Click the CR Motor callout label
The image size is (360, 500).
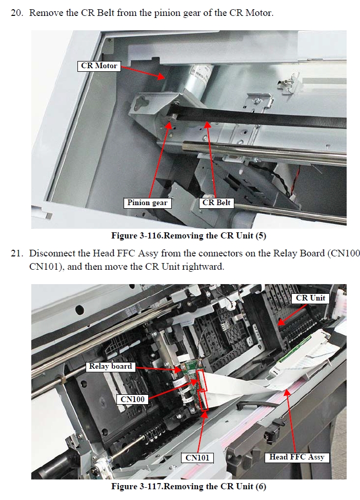coord(99,66)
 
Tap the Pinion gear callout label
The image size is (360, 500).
coord(147,203)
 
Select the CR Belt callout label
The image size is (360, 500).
coord(216,203)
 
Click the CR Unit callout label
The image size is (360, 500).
coord(310,298)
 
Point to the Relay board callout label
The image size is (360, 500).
coord(110,366)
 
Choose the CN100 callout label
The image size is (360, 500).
coord(132,399)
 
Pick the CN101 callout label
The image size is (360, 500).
coord(197,458)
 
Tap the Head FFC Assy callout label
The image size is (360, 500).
coord(297,457)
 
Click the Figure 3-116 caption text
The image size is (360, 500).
coord(188,236)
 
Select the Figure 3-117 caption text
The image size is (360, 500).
coord(188,486)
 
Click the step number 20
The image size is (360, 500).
coord(17,13)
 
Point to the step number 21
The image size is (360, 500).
coord(17,253)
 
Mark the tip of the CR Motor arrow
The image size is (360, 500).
coord(164,78)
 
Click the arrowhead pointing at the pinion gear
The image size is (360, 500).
coord(170,125)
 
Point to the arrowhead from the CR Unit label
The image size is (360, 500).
coord(279,324)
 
